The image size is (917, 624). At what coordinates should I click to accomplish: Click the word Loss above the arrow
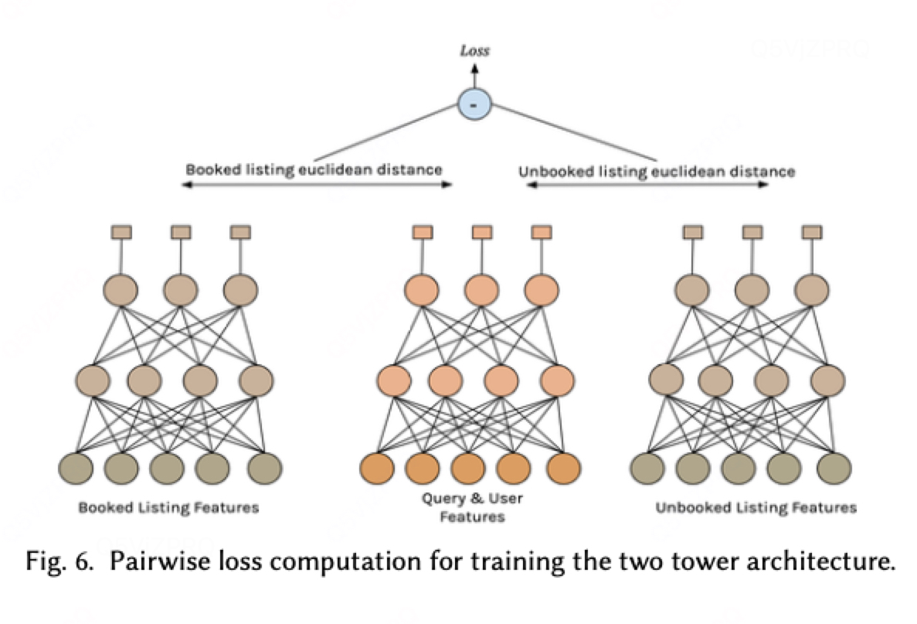474,52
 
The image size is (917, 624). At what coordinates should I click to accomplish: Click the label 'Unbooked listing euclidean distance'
656,171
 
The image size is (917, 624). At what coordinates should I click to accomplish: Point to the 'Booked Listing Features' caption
168,507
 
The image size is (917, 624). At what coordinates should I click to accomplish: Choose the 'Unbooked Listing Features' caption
756,507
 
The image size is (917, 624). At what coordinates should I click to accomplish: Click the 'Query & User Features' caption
471,507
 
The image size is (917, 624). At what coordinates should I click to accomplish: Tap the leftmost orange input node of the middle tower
377,468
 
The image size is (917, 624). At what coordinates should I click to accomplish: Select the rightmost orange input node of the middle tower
563,468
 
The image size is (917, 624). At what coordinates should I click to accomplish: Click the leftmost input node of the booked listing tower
76,468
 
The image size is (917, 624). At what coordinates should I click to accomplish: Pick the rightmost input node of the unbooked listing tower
834,468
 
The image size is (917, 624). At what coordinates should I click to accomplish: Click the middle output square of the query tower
481,231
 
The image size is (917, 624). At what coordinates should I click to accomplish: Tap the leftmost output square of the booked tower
121,231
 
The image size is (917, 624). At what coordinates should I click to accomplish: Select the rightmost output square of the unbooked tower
811,231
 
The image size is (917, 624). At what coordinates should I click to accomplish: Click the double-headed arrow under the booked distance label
317,186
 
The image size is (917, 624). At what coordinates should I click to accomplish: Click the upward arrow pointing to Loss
474,75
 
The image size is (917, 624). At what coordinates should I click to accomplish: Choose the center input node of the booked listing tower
167,468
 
